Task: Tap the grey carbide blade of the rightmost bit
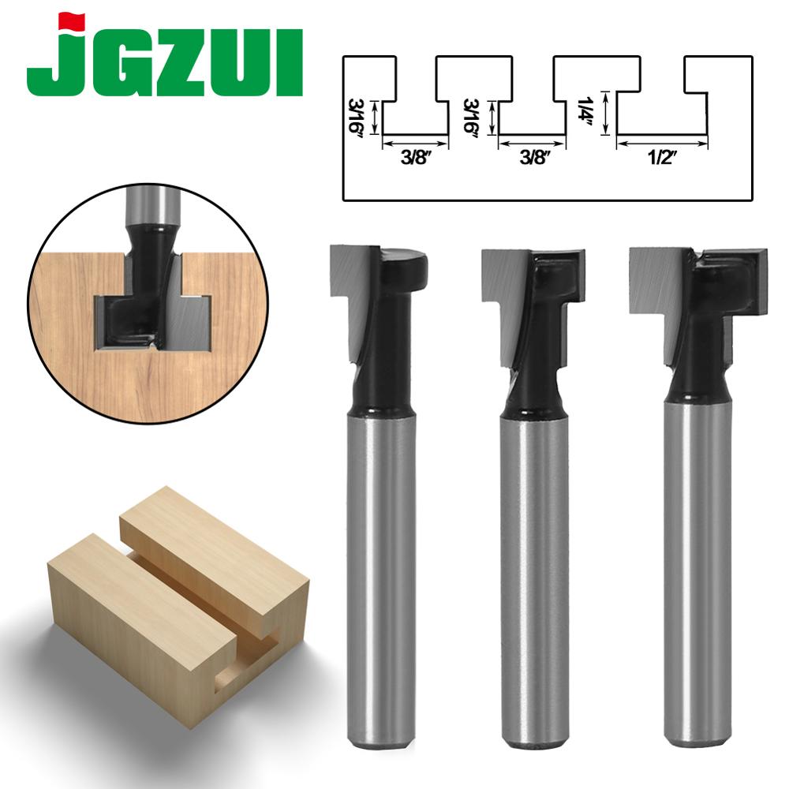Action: [654, 280]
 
